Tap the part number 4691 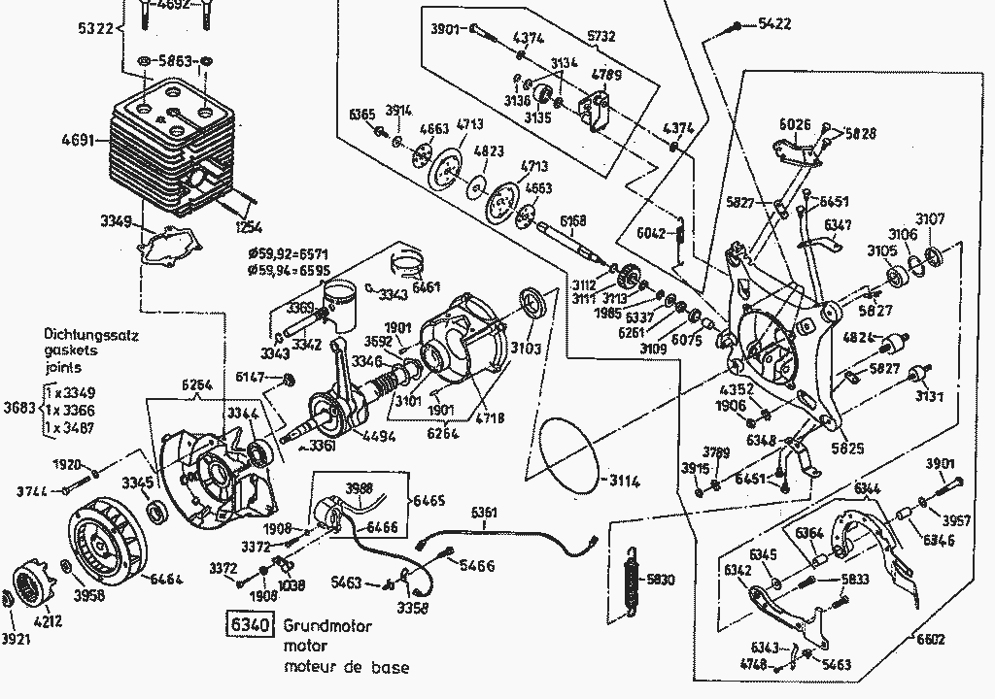tap(78, 140)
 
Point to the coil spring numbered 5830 tap(633, 582)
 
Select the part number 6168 tap(573, 222)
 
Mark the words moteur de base tap(346, 667)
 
